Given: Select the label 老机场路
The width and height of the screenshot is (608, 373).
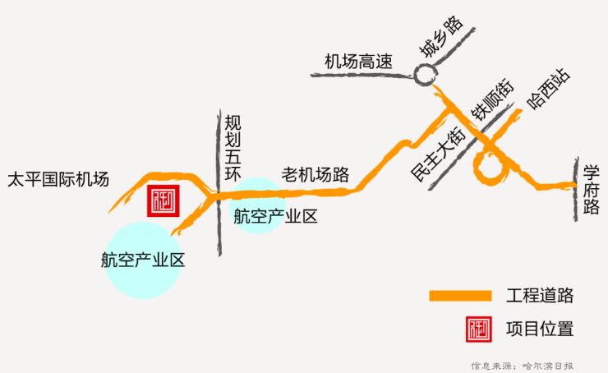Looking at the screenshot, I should click(316, 174).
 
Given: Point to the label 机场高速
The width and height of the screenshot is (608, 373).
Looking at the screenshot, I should click(358, 61).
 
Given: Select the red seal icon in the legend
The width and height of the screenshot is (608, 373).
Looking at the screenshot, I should click(478, 329).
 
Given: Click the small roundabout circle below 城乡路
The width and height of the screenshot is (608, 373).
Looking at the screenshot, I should click(425, 76).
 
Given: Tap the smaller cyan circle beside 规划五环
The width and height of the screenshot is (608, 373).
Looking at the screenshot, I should click(260, 205).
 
